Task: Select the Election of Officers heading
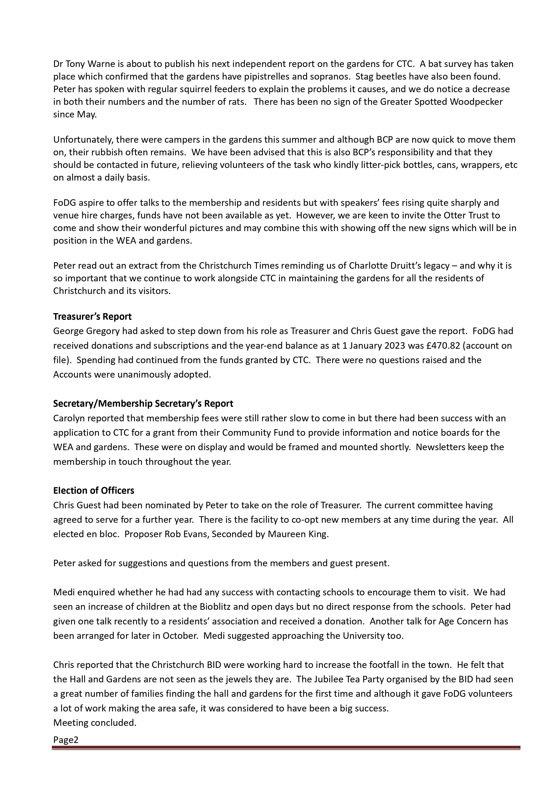(94, 490)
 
